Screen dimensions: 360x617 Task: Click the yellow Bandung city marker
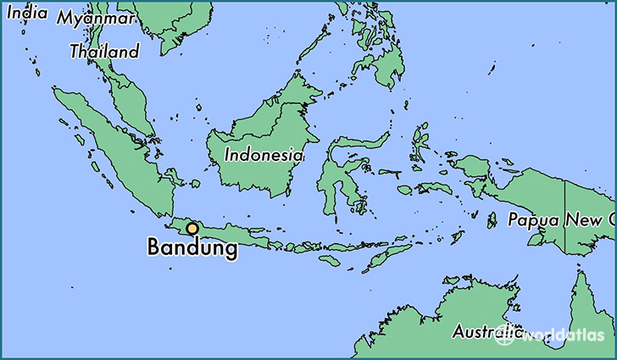(x=193, y=228)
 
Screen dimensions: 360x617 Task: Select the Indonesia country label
(x=264, y=155)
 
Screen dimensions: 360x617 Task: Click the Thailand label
(x=104, y=52)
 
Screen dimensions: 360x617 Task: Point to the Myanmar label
(x=96, y=18)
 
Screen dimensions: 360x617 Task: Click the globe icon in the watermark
(x=506, y=335)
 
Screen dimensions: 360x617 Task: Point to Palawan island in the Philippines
(x=314, y=54)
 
